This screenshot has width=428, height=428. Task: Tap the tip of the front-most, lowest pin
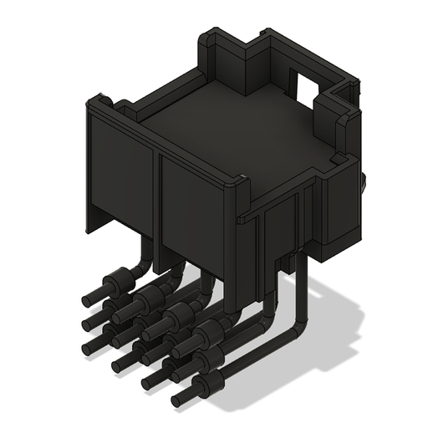coord(177,400)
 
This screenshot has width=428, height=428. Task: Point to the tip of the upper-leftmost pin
coord(86,297)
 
